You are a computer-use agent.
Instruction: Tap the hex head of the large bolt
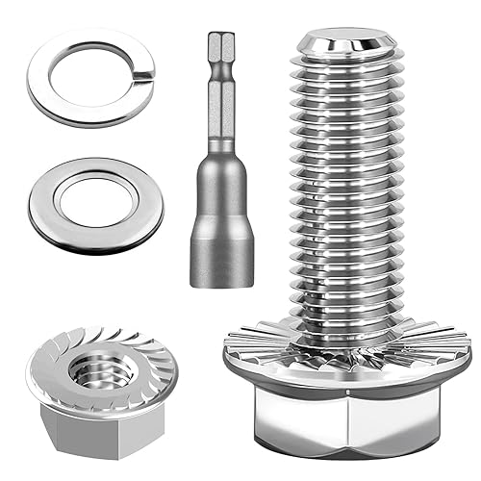(346, 423)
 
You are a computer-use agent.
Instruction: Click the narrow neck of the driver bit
(220, 125)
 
